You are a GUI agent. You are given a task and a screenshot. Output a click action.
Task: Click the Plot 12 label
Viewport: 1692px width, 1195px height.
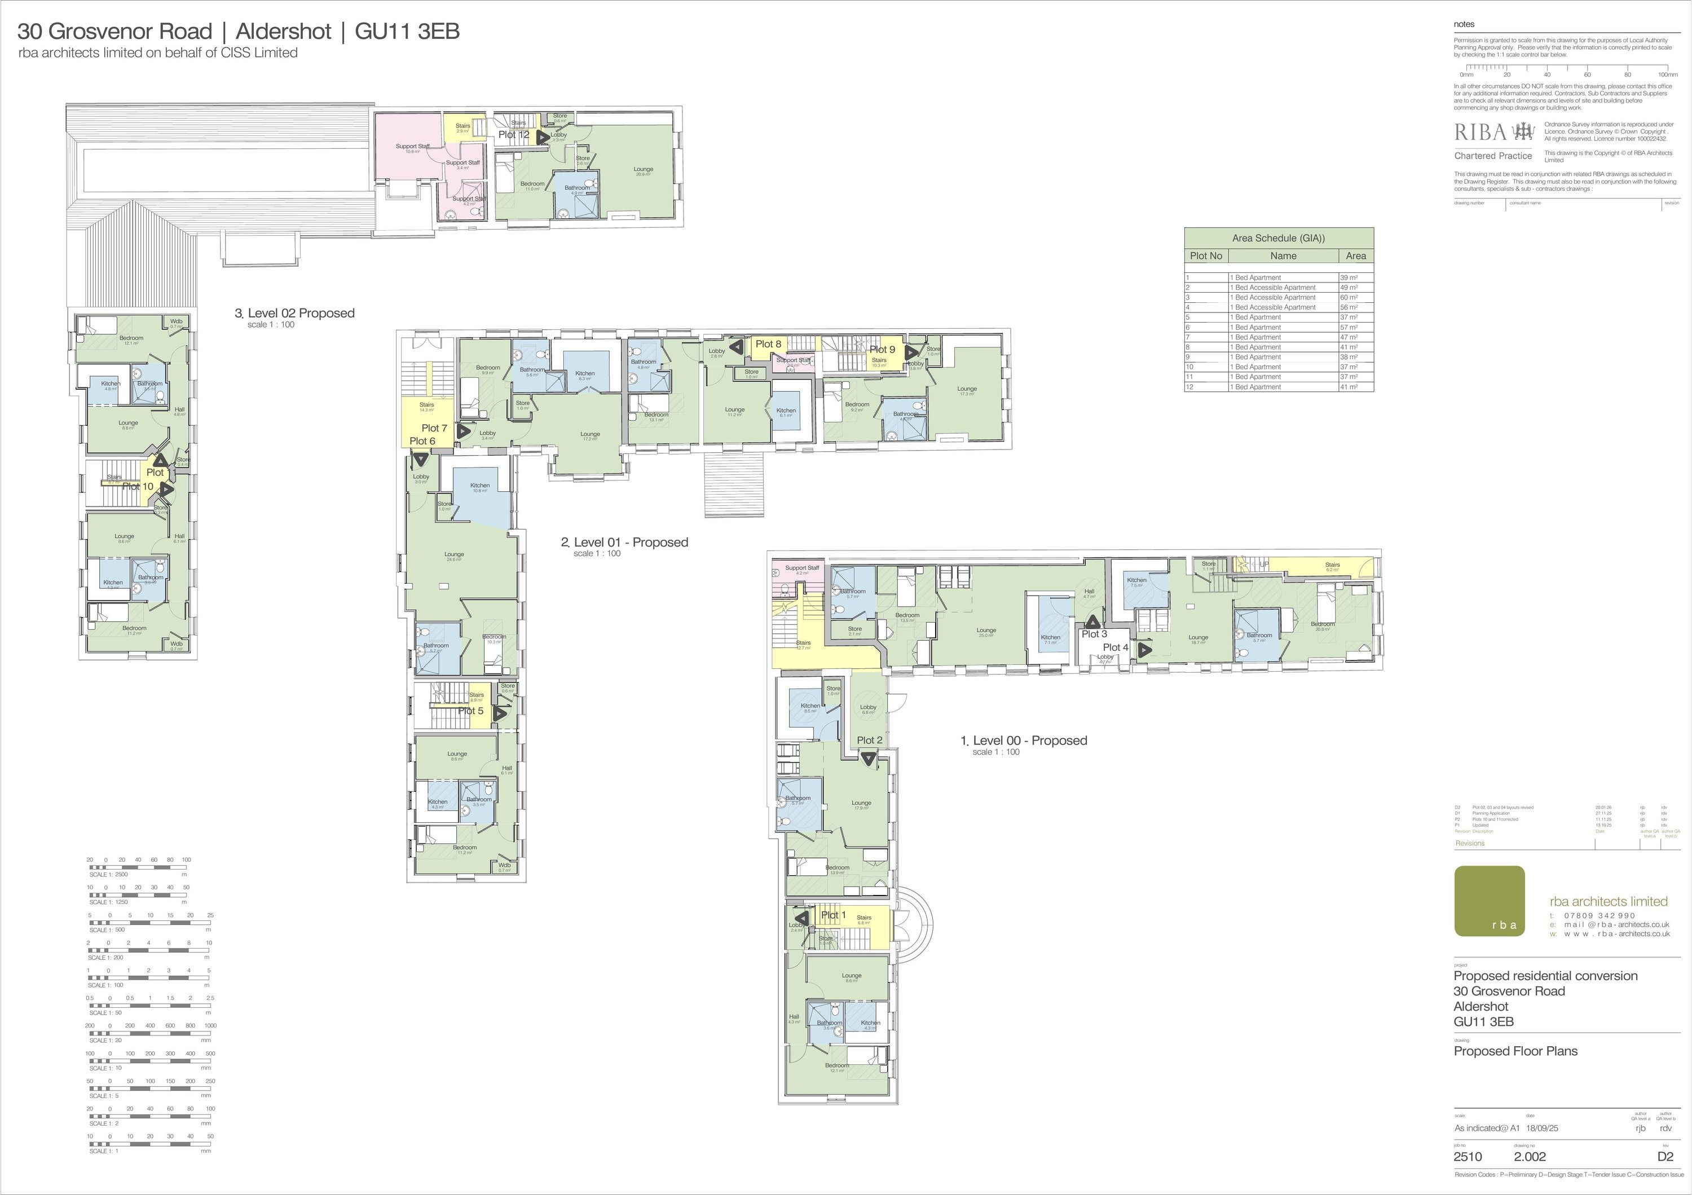click(514, 135)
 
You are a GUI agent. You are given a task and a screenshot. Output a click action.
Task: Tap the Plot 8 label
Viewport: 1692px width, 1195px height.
click(768, 344)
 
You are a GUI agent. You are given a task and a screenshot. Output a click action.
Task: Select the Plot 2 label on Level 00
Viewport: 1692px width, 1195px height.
click(870, 740)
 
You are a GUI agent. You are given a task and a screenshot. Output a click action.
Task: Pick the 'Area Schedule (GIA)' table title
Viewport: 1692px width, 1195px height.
click(1278, 239)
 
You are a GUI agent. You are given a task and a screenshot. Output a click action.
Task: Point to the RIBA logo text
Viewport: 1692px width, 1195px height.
click(1480, 133)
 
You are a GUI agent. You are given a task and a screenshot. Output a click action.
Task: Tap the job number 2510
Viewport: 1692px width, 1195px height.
click(1467, 1157)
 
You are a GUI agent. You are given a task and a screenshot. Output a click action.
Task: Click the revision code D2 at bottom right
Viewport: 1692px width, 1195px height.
click(1665, 1157)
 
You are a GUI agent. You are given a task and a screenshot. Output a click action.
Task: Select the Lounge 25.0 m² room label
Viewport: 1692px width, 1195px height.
click(986, 630)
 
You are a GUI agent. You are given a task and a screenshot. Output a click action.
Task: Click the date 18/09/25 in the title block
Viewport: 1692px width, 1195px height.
click(1541, 1128)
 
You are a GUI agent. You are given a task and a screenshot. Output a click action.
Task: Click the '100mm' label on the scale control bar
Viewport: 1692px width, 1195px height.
click(1667, 75)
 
